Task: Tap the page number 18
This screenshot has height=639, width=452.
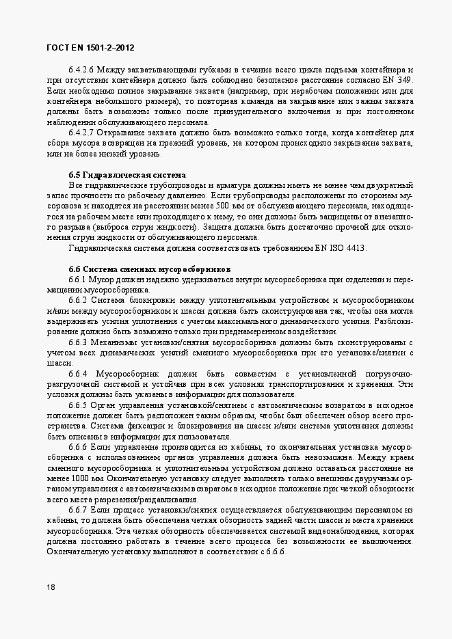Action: [51, 587]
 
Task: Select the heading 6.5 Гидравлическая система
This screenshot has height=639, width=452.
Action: [127, 175]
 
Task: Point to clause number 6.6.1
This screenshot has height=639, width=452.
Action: [77, 280]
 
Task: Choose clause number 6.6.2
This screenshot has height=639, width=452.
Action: [77, 300]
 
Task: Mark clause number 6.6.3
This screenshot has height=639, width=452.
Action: [77, 342]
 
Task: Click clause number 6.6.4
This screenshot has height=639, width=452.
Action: [77, 374]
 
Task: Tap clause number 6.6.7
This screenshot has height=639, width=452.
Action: [77, 511]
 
